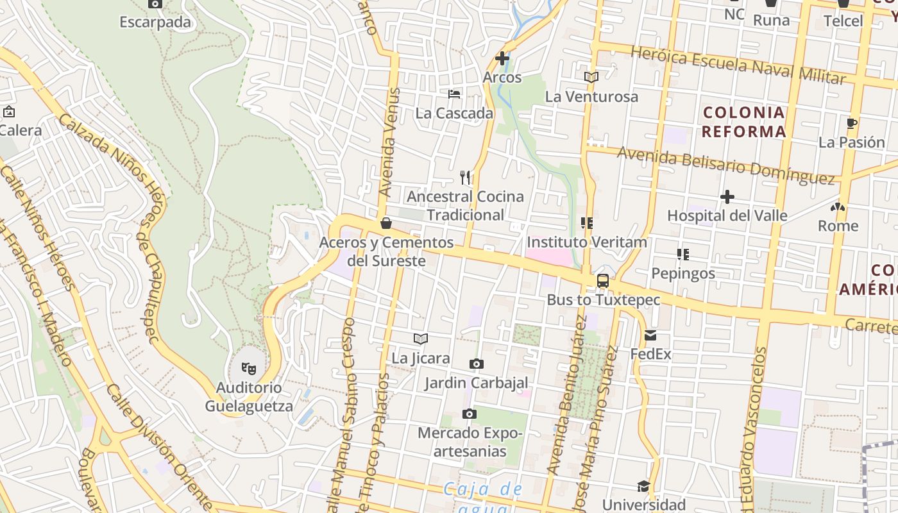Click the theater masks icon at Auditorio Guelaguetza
(x=248, y=368)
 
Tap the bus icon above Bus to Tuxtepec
(x=603, y=280)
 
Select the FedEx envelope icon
(x=650, y=335)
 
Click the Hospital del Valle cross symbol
(x=727, y=196)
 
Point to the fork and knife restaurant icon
(x=466, y=177)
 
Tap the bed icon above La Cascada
(x=454, y=94)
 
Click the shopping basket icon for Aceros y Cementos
(x=386, y=223)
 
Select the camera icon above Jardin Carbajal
(x=476, y=364)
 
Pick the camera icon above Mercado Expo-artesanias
(x=470, y=414)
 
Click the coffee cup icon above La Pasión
(x=852, y=123)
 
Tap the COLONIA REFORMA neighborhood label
(x=743, y=122)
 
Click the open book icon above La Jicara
(x=421, y=339)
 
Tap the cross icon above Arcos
(x=502, y=58)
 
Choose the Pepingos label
(x=683, y=273)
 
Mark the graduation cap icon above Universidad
(x=643, y=486)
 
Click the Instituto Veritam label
(x=586, y=242)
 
